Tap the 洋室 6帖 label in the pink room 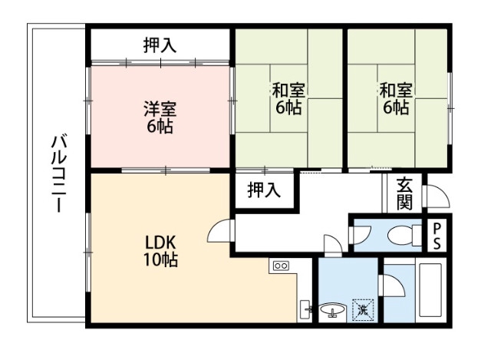(160, 117)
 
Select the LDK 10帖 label (161, 251)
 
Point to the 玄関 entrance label (404, 193)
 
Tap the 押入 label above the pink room (160, 45)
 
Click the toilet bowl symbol (400, 234)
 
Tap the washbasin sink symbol (332, 310)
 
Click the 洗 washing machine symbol (362, 310)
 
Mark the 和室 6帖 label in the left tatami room (288, 98)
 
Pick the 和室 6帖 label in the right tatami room (396, 98)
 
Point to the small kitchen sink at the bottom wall (305, 309)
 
